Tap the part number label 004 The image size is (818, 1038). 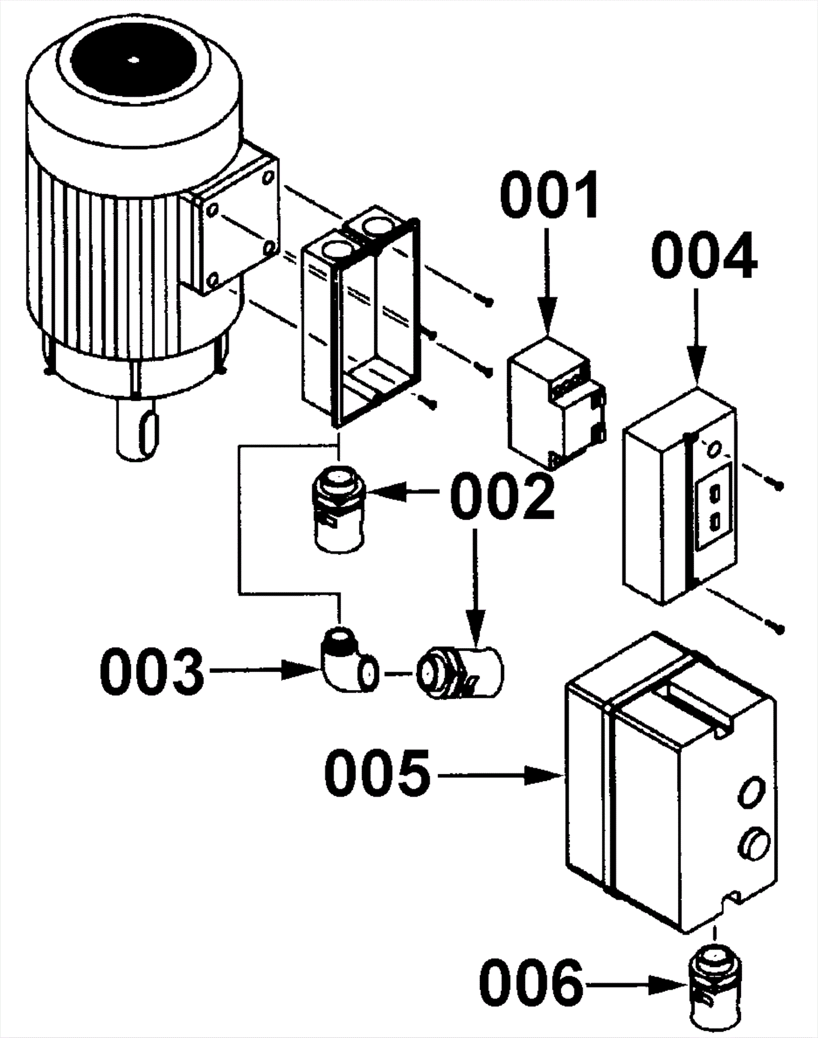click(705, 255)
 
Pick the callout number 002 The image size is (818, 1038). click(502, 495)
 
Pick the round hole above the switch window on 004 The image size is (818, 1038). click(714, 450)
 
